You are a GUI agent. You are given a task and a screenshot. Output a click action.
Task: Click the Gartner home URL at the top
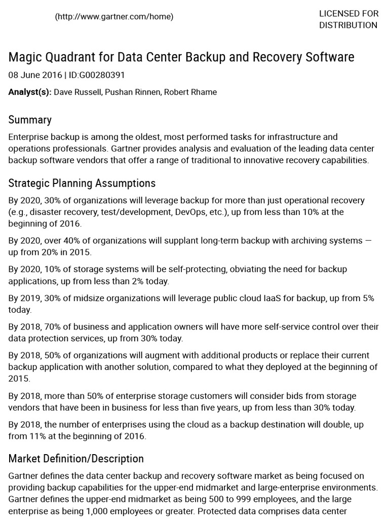coord(114,17)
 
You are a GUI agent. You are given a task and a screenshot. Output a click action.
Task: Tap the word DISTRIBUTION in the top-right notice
coord(348,25)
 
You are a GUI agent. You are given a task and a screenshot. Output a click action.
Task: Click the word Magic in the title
coord(25,57)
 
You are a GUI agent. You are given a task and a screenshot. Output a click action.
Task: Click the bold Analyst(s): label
coord(30,92)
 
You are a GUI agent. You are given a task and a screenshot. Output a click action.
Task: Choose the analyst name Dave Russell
coord(77,92)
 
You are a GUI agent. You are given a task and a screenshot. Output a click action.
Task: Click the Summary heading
coord(30,120)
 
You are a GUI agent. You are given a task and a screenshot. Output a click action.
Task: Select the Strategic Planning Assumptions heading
coord(82,183)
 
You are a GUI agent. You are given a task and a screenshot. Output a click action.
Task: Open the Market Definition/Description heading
coord(76,459)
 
